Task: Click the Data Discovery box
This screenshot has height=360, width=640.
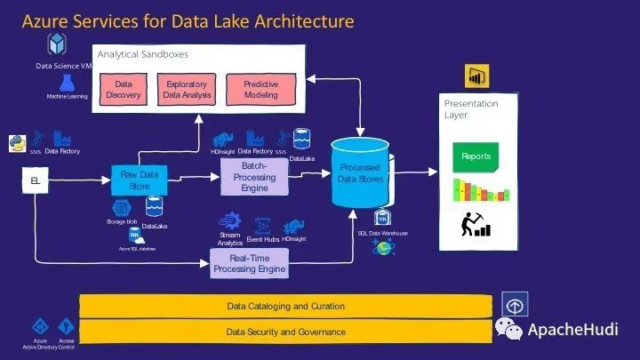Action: [124, 90]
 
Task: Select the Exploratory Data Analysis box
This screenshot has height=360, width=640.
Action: [185, 90]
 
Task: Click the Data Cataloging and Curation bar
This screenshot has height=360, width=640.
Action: [285, 306]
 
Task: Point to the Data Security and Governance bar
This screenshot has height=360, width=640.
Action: [285, 332]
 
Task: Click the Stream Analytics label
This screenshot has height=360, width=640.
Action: [230, 237]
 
